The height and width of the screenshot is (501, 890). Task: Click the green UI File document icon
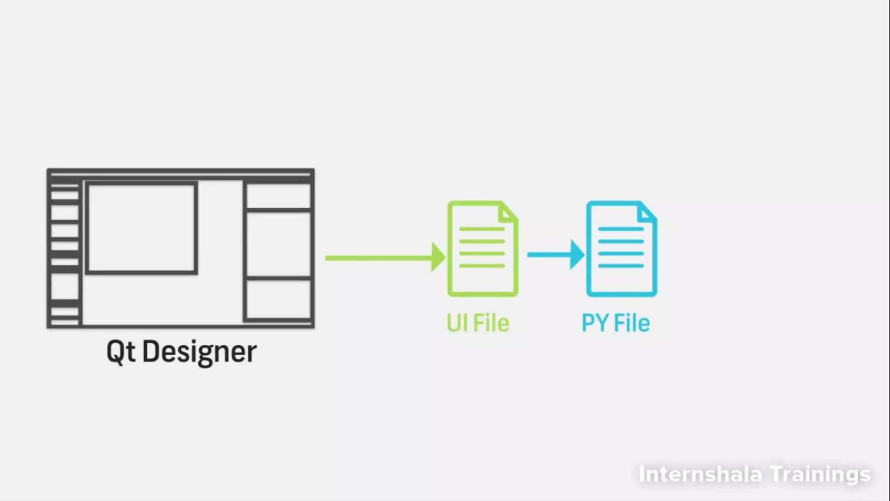482,249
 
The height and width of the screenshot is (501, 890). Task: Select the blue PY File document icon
621,249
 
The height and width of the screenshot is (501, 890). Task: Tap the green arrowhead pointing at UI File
438,257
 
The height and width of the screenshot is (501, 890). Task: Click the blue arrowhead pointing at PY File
577,254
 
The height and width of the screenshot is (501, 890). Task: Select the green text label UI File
478,323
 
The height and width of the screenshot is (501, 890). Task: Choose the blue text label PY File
616,323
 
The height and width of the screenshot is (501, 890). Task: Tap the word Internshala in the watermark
700,474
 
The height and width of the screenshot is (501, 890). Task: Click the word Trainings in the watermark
820,474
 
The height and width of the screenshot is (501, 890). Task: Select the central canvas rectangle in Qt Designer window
141,228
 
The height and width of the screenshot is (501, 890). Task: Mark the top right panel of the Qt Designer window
279,196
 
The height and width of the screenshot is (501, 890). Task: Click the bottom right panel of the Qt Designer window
279,299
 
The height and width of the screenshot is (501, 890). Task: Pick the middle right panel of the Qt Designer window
279,244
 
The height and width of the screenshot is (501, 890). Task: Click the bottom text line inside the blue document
621,265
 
